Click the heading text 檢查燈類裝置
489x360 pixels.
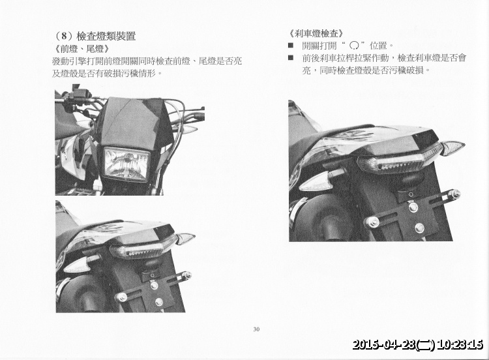pos(106,36)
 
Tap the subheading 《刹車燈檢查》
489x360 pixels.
pos(316,33)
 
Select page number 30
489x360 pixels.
pos(256,329)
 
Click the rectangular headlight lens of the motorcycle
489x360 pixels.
pos(126,163)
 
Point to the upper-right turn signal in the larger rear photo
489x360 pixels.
pos(452,147)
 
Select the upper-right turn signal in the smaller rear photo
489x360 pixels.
pos(185,238)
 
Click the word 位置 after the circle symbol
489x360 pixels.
pos(378,46)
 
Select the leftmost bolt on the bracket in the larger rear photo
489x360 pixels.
pos(373,222)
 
